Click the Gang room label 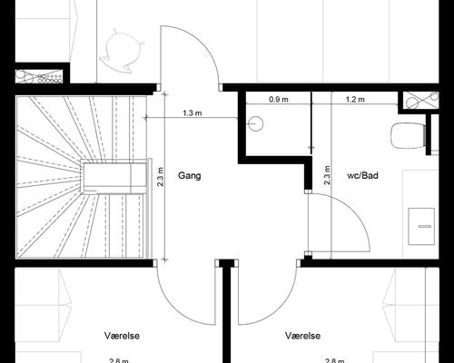click(x=190, y=176)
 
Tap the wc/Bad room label click(x=362, y=175)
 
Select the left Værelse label click(x=122, y=336)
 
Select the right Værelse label click(x=302, y=336)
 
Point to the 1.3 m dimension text click(x=192, y=113)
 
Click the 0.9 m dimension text click(x=279, y=99)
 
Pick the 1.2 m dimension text click(x=355, y=99)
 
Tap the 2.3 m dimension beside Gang click(x=161, y=177)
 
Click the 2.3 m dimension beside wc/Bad click(x=327, y=175)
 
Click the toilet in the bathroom click(x=409, y=135)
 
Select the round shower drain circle click(x=256, y=123)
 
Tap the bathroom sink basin click(x=421, y=226)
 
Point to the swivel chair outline click(x=122, y=51)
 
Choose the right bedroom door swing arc click(x=280, y=307)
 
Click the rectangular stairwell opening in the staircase click(x=114, y=178)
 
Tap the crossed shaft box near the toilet click(x=421, y=100)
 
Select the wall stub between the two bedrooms click(x=227, y=311)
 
